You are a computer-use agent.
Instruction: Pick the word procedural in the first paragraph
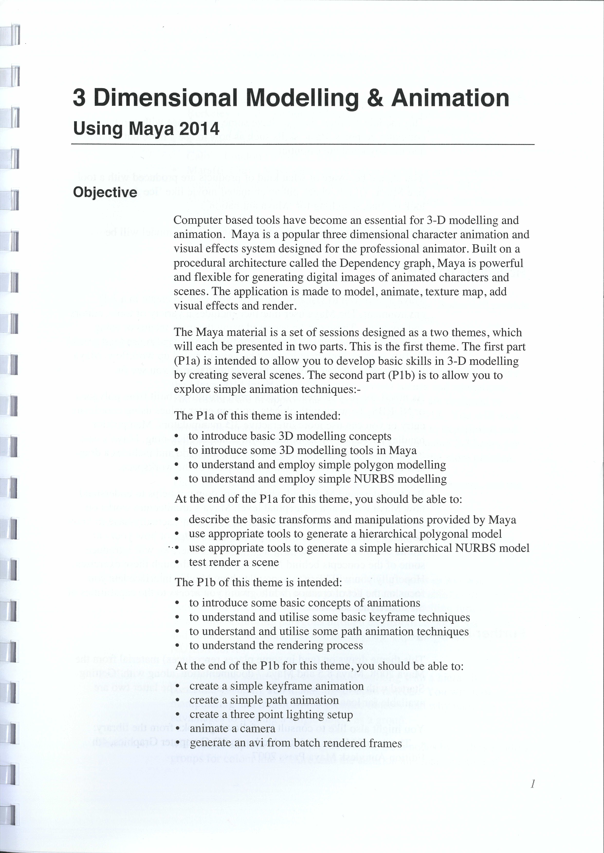[x=200, y=263]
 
